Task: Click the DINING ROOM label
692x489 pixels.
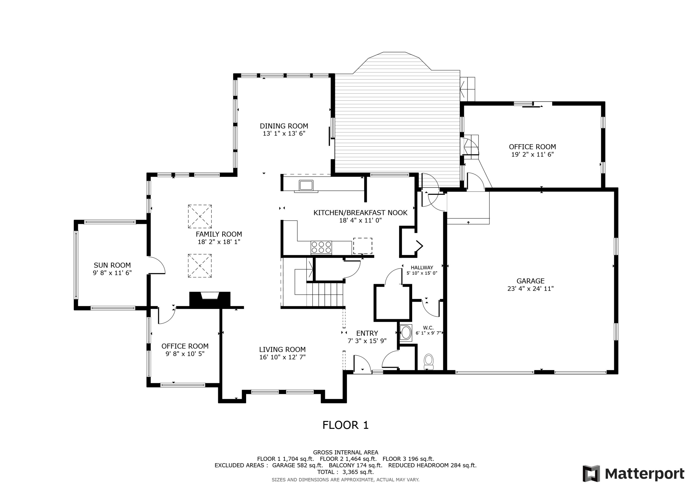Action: (x=284, y=126)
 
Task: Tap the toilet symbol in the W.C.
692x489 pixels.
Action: (x=429, y=362)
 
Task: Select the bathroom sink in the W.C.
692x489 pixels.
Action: (x=406, y=333)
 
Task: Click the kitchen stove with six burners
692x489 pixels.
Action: (x=321, y=247)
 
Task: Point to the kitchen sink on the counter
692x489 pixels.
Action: (x=306, y=185)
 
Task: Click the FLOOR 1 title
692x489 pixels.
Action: (x=345, y=425)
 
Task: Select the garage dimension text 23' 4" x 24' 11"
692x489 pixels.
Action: (x=531, y=289)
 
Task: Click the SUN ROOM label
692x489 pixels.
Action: (x=112, y=265)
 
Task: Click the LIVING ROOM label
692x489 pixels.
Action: (x=282, y=350)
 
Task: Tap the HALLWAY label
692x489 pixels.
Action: (x=422, y=267)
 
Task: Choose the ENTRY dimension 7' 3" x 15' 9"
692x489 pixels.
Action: (x=367, y=341)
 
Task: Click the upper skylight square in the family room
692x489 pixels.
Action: (x=200, y=216)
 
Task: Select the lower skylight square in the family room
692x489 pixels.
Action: (x=200, y=265)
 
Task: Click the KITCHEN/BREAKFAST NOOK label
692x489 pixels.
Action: (x=361, y=213)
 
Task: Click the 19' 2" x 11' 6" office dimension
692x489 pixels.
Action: (x=533, y=154)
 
